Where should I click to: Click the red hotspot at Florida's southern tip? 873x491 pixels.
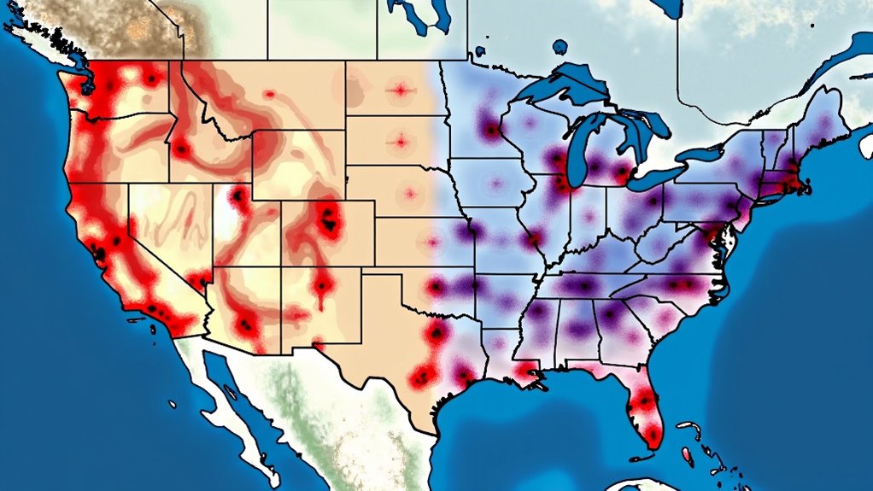[x=653, y=436]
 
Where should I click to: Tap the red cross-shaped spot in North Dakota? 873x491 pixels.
[x=399, y=89]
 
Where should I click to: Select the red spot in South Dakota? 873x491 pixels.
[x=398, y=139]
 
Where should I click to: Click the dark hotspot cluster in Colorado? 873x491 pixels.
[x=327, y=222]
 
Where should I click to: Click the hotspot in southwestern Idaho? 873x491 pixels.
[x=181, y=150]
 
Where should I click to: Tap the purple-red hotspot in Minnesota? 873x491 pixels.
[x=490, y=130]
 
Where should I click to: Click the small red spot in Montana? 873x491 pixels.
[x=269, y=94]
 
